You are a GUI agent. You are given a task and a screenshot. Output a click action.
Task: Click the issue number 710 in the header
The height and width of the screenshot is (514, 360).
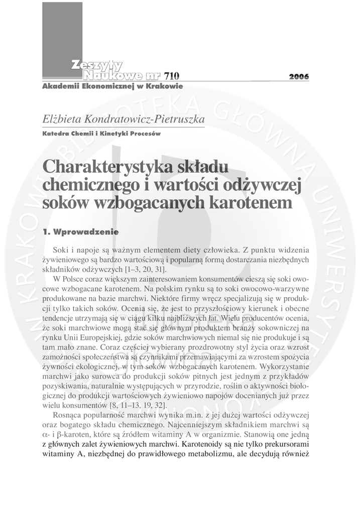pos(171,76)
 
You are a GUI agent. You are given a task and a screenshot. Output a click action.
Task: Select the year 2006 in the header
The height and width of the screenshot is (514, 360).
pos(299,77)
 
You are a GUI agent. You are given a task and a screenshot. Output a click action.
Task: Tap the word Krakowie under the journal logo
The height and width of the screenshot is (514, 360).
pos(162,86)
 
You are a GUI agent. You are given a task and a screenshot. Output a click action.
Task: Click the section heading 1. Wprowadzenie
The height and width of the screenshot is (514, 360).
pos(80,232)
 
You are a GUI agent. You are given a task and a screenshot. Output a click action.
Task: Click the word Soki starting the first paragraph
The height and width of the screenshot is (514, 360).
pos(61,250)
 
